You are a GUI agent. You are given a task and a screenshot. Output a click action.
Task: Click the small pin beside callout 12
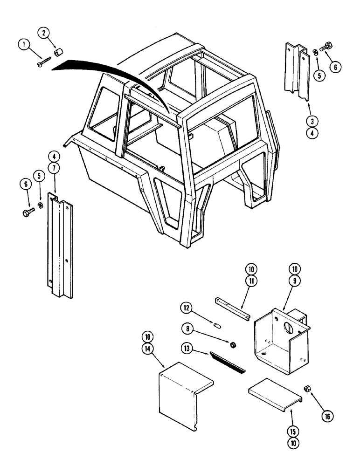(216, 324)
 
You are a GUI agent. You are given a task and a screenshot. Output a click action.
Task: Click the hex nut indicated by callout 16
(307, 389)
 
